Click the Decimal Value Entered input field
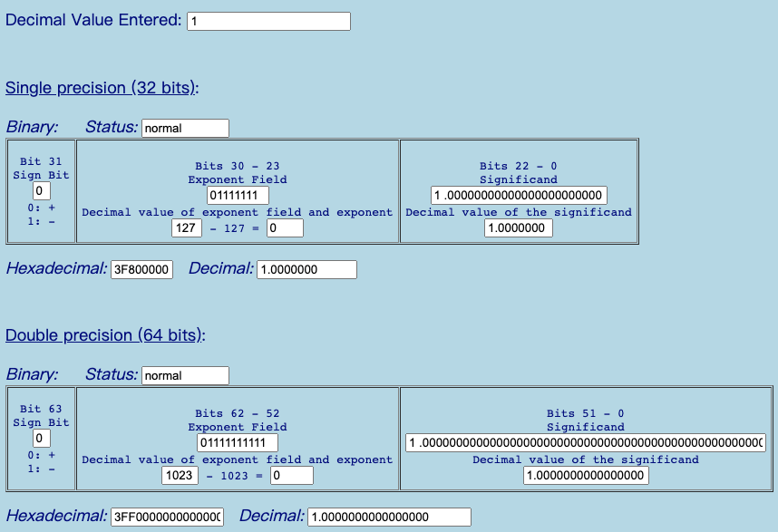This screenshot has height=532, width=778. pos(268,22)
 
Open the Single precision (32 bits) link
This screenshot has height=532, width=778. pos(102,88)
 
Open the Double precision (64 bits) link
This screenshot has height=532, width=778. pos(105,335)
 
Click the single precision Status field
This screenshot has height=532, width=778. pos(185,128)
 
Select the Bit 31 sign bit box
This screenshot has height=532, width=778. pos(41,191)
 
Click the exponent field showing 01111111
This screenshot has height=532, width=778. pos(238,195)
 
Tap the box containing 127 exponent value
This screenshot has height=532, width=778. pos(187,228)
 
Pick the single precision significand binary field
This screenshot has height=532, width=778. pos(519,195)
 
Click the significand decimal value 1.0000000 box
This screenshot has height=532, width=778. pos(519,228)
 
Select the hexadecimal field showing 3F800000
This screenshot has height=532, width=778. pos(141,270)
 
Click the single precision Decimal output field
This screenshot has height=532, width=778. pos(306,270)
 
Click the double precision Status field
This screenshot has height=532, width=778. pos(185,375)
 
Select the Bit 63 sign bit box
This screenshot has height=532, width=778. pos(41,439)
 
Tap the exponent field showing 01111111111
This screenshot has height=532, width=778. pos(238,442)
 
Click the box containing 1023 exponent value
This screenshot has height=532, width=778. pos(180,476)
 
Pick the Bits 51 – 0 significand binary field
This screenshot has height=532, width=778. pos(586,442)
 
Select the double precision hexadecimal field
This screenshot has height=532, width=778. pos(167,517)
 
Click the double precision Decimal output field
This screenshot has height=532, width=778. pos(389,517)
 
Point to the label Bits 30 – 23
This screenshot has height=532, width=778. pos(238,166)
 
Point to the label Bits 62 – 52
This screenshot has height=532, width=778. pos(238,413)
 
